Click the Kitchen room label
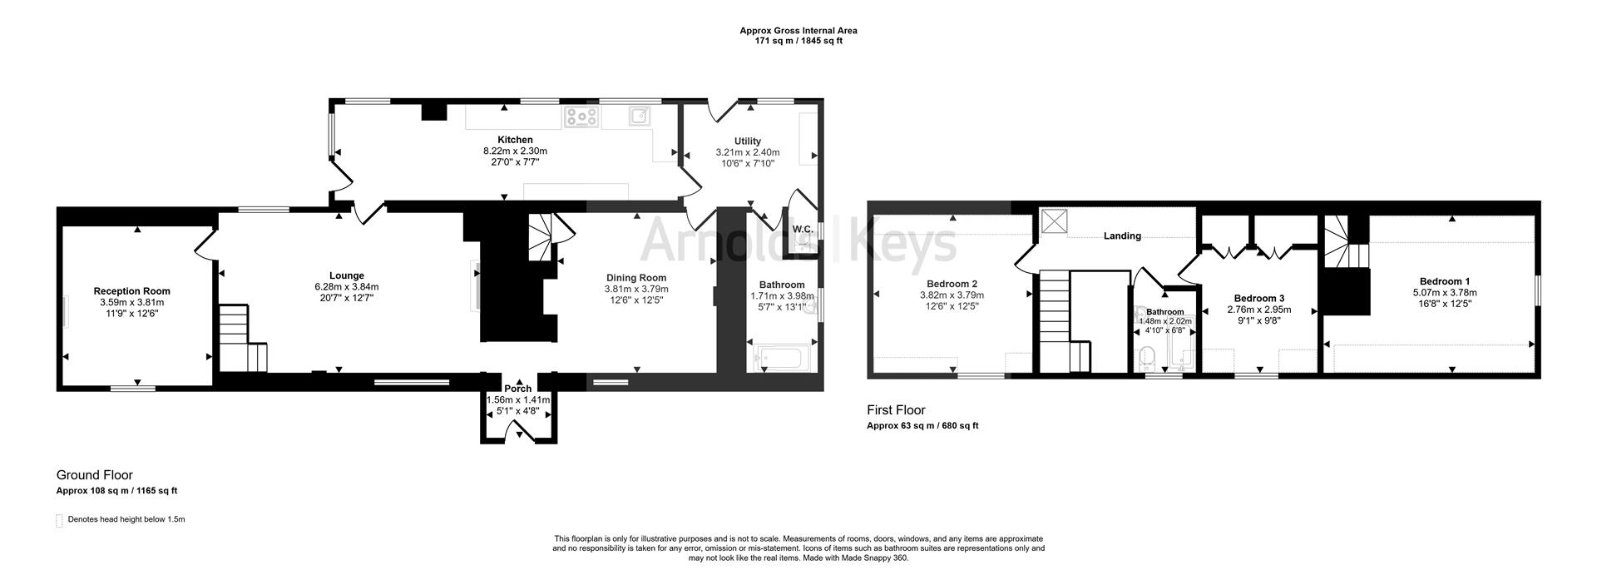tap(515, 140)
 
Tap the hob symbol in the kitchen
tap(581, 117)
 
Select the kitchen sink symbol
tap(639, 116)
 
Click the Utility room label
tap(747, 141)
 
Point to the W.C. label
tap(802, 229)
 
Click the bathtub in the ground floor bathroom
tap(780, 359)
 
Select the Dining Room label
tap(635, 278)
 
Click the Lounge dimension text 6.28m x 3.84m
tap(347, 287)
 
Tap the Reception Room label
tap(131, 291)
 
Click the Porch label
tap(517, 389)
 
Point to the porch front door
tap(518, 429)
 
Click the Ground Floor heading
tap(94, 475)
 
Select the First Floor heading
tap(896, 410)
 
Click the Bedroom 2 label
tap(952, 284)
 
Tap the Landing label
tap(1121, 236)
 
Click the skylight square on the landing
tap(1055, 222)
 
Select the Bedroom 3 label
tap(1258, 299)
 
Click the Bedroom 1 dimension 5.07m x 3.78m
tap(1444, 293)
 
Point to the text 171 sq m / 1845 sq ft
tap(798, 41)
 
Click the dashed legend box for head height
tap(59, 521)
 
